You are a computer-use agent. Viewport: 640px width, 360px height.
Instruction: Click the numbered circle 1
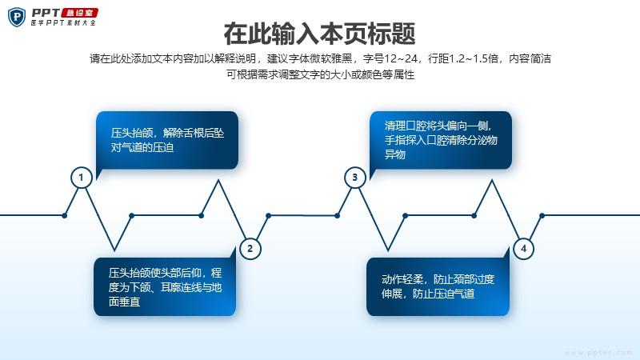tap(82, 178)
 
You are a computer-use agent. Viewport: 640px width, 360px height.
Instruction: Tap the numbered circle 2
tap(250, 248)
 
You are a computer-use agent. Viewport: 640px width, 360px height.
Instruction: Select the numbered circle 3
tap(354, 177)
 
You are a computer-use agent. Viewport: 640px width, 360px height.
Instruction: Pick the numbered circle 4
tap(523, 248)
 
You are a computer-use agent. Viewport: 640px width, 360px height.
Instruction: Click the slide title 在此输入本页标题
tap(319, 34)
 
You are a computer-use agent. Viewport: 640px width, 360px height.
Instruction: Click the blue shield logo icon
tap(17, 17)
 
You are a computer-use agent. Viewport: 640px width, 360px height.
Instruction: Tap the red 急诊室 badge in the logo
tap(79, 13)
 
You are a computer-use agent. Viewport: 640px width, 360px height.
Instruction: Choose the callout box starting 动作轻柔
tap(438, 285)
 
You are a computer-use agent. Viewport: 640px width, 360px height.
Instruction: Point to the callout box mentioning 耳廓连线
tap(165, 285)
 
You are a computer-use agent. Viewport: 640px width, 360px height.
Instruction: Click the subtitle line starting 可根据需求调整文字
tap(321, 74)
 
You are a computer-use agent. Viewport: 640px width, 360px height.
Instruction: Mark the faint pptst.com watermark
tap(598, 353)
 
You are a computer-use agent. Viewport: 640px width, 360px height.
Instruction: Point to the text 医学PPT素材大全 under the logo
tap(63, 23)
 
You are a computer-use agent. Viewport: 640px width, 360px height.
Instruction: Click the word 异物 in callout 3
tap(394, 154)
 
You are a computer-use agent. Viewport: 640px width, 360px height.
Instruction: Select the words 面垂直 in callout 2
tap(124, 302)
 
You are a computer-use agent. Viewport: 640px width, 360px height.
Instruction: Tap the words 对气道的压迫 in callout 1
tap(142, 147)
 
